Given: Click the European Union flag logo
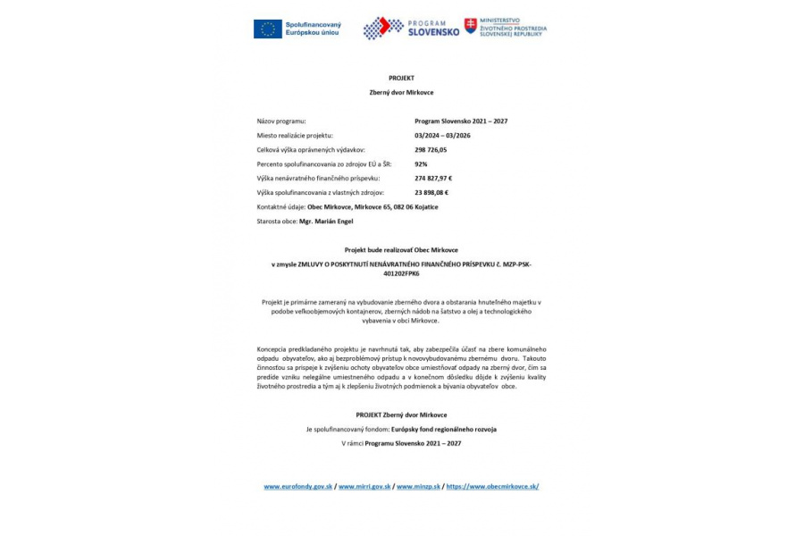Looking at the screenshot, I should click(267, 29).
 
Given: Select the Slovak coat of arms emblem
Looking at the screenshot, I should click(471, 26).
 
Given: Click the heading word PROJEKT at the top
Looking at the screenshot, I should click(401, 79).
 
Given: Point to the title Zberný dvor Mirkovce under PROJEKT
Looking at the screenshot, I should click(401, 92).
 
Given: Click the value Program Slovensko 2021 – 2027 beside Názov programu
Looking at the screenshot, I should click(461, 121).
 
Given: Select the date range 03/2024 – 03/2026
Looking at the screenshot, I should click(442, 135).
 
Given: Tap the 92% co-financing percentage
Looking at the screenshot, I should click(421, 163).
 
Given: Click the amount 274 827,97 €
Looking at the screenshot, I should click(433, 178).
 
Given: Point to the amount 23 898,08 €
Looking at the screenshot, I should click(431, 192).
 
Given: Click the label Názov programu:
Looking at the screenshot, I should click(281, 121).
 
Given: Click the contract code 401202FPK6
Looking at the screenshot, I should click(401, 273).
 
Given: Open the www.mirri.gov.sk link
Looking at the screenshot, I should click(364, 487).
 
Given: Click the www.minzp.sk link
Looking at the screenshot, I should click(418, 487).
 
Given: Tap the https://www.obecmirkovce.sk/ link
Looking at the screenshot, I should click(492, 487).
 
